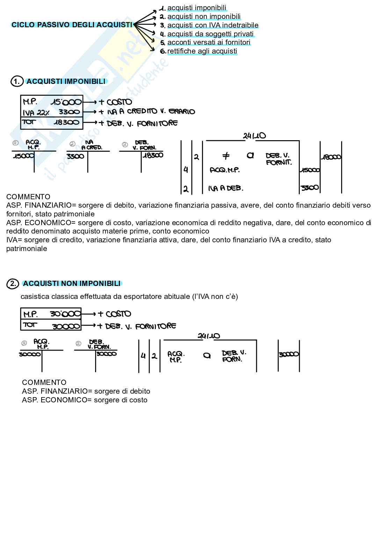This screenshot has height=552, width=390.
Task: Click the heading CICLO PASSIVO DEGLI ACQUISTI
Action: (x=72, y=25)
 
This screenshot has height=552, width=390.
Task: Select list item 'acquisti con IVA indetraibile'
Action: (x=212, y=25)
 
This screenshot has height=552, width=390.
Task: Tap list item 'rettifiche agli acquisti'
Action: (x=202, y=51)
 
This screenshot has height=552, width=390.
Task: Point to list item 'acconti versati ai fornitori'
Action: (x=209, y=42)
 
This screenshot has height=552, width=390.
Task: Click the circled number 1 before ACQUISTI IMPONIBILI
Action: (x=16, y=81)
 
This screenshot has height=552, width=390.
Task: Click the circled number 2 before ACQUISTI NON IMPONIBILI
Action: (x=13, y=284)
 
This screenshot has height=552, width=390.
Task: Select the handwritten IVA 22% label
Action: (x=36, y=113)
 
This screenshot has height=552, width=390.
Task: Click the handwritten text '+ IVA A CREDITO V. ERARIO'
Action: (x=146, y=112)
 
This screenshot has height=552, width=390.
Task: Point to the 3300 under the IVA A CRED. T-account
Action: (x=75, y=156)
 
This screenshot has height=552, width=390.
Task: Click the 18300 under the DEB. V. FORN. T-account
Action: (x=153, y=155)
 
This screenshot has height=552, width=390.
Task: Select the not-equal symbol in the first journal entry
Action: (x=226, y=156)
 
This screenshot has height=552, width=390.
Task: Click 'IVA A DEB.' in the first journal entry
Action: (x=225, y=188)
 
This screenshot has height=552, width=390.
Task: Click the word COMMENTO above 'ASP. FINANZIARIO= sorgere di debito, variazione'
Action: (x=28, y=197)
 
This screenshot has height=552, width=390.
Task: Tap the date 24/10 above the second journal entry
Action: (x=209, y=336)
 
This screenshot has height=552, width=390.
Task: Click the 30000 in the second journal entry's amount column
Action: (x=289, y=354)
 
